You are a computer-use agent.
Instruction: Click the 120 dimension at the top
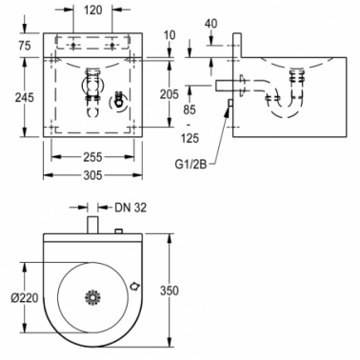[93, 10]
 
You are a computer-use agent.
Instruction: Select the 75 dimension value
[25, 46]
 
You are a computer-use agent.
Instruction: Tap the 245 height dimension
[25, 97]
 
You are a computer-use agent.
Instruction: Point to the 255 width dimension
[92, 156]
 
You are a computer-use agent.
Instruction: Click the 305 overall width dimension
[92, 175]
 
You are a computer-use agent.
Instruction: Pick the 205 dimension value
[170, 94]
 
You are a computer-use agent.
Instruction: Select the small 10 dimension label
[170, 35]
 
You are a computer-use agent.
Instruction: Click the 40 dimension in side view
[211, 24]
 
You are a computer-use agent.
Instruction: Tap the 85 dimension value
[190, 110]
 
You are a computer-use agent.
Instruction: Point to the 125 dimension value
[190, 138]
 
